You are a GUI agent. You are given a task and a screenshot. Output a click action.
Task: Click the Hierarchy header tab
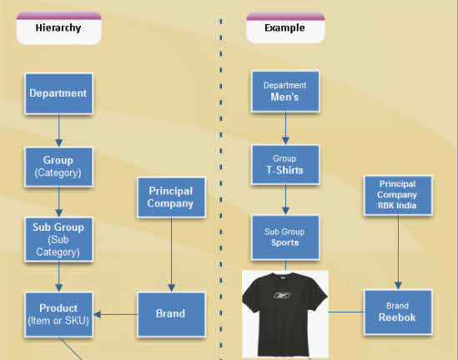tap(58, 28)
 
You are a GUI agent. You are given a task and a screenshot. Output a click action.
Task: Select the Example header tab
tap(284, 28)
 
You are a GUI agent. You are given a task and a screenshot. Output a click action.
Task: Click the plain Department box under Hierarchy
tap(58, 93)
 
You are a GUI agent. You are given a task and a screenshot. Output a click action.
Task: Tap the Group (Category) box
tap(58, 166)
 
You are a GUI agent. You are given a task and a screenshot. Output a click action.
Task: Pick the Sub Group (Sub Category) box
tap(58, 238)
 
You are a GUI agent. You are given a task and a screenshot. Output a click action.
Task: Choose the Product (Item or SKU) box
tap(58, 314)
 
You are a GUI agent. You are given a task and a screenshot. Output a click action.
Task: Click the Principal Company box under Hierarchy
tap(170, 197)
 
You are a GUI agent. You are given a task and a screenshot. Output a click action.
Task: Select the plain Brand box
tap(170, 314)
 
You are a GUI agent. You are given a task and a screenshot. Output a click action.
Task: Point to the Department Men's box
tap(284, 92)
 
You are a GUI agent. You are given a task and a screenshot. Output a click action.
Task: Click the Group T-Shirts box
tap(284, 165)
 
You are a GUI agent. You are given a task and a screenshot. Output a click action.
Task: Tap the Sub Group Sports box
tap(284, 237)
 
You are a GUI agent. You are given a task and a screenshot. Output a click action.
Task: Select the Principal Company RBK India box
tap(397, 196)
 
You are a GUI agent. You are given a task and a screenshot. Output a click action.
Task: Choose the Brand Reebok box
tap(397, 312)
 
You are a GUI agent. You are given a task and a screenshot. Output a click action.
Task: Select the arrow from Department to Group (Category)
tap(58, 130)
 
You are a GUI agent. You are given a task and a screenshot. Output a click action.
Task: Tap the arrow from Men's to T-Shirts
tap(284, 128)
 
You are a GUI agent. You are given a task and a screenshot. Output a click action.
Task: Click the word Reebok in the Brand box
tap(397, 317)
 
